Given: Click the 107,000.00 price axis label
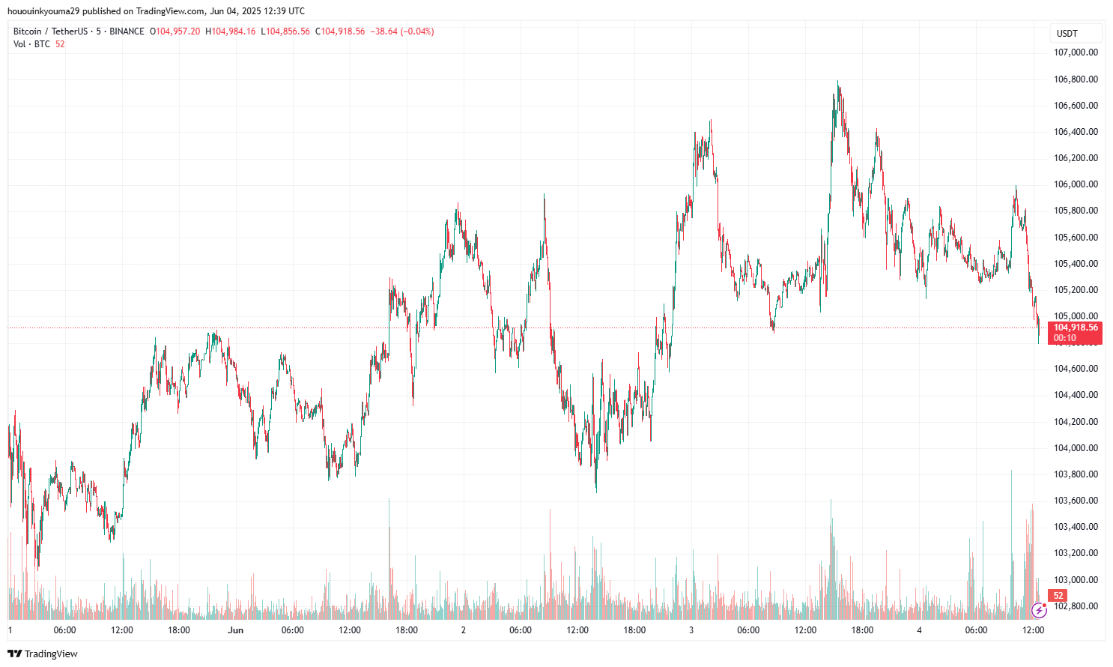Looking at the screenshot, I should pyautogui.click(x=1076, y=52).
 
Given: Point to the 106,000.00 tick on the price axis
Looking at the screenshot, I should pyautogui.click(x=1076, y=184).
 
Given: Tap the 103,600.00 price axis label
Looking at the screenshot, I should pyautogui.click(x=1076, y=501).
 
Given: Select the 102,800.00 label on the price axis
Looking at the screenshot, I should pyautogui.click(x=1076, y=606).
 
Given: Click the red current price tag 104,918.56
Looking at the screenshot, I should pyautogui.click(x=1076, y=328).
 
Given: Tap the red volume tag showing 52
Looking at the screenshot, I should pyautogui.click(x=1058, y=596).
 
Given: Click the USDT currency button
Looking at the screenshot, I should pyautogui.click(x=1067, y=34).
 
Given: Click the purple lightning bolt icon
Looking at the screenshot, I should pyautogui.click(x=1039, y=610).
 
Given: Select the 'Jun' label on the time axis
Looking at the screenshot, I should pyautogui.click(x=236, y=630).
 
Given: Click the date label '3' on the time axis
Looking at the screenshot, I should pyautogui.click(x=691, y=630).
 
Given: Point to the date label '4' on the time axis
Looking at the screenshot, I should pyautogui.click(x=919, y=630).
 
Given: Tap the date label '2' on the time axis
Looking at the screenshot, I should pyautogui.click(x=464, y=630).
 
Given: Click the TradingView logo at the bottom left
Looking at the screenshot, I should pyautogui.click(x=43, y=654).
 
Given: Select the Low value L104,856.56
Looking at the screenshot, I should pyautogui.click(x=285, y=31).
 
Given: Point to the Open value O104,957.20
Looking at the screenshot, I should pyautogui.click(x=175, y=31).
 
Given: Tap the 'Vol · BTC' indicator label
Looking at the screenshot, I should pyautogui.click(x=31, y=44).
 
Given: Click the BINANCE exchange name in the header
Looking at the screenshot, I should pyautogui.click(x=127, y=31).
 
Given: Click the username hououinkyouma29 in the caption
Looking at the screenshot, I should pyautogui.click(x=43, y=11).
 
